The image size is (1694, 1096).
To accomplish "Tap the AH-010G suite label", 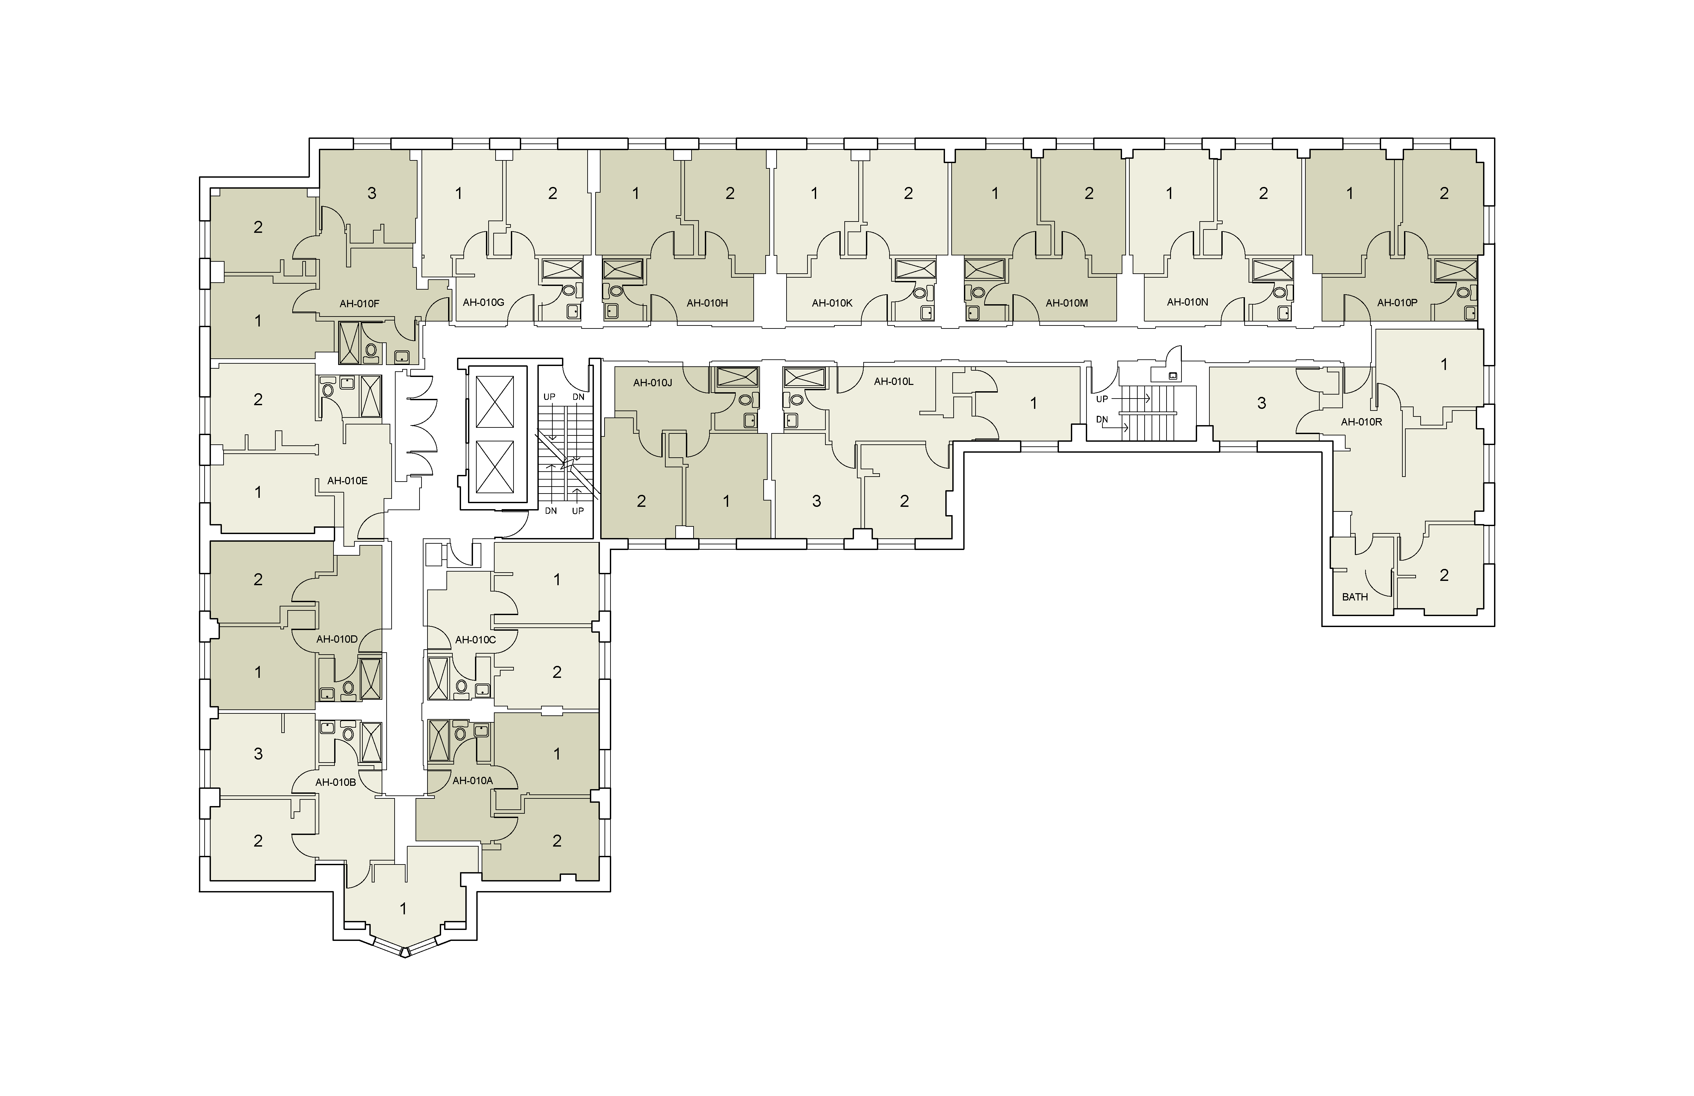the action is [x=483, y=303].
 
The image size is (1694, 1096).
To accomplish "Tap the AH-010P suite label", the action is [x=1397, y=303].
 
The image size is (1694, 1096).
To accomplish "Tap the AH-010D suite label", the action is [x=337, y=639].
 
